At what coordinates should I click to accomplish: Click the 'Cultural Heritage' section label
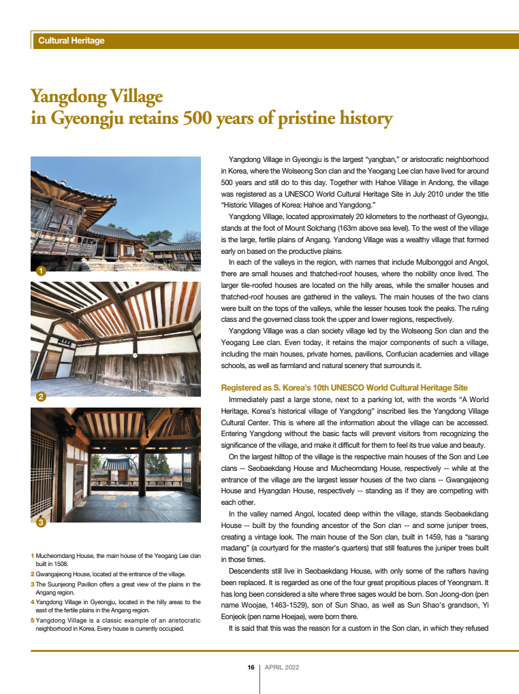click(72, 41)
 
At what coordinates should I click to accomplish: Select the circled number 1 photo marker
click(41, 271)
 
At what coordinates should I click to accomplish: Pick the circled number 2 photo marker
click(41, 396)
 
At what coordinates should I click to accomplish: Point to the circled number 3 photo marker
click(41, 523)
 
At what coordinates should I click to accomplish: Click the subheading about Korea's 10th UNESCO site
click(344, 388)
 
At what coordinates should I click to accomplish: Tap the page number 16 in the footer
click(251, 667)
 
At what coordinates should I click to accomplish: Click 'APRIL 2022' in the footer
click(282, 667)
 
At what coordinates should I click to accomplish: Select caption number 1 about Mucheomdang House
click(116, 560)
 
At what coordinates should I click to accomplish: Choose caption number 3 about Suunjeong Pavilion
click(116, 588)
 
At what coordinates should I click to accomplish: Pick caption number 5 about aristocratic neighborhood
click(116, 624)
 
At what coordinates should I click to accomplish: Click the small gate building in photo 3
click(118, 469)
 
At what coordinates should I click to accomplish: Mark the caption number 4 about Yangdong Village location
click(116, 606)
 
